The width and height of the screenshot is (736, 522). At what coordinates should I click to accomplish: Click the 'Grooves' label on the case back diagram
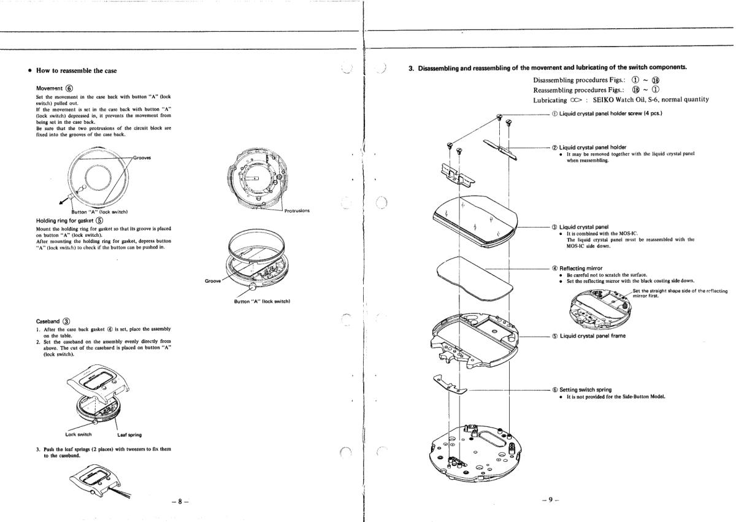point(143,158)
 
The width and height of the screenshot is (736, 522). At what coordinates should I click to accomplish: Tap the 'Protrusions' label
point(297,210)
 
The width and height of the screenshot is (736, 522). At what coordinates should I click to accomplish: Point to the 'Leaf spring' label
point(129,435)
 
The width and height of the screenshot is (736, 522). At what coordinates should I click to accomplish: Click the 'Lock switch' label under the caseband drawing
point(80,435)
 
